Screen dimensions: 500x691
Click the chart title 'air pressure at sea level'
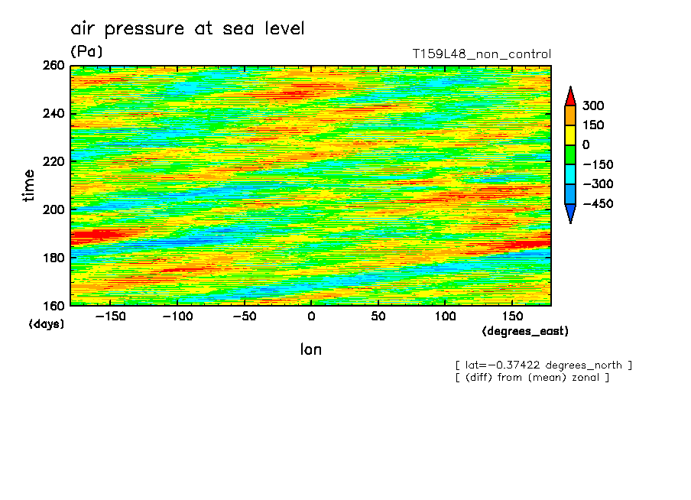(187, 29)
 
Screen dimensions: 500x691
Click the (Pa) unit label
(86, 52)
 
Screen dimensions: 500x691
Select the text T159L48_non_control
(482, 54)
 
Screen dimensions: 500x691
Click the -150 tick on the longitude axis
(110, 316)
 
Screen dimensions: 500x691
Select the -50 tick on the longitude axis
(244, 316)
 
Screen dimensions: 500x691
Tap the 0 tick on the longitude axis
(311, 316)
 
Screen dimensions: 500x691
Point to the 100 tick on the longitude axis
(445, 316)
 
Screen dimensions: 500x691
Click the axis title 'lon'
(311, 350)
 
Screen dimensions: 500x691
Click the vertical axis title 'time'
(29, 186)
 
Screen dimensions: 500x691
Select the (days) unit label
(47, 324)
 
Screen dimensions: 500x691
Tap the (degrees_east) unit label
(525, 331)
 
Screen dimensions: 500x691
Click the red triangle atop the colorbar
(570, 96)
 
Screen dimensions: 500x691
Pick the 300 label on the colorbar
(592, 106)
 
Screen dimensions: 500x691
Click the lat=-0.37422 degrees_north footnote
(543, 365)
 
